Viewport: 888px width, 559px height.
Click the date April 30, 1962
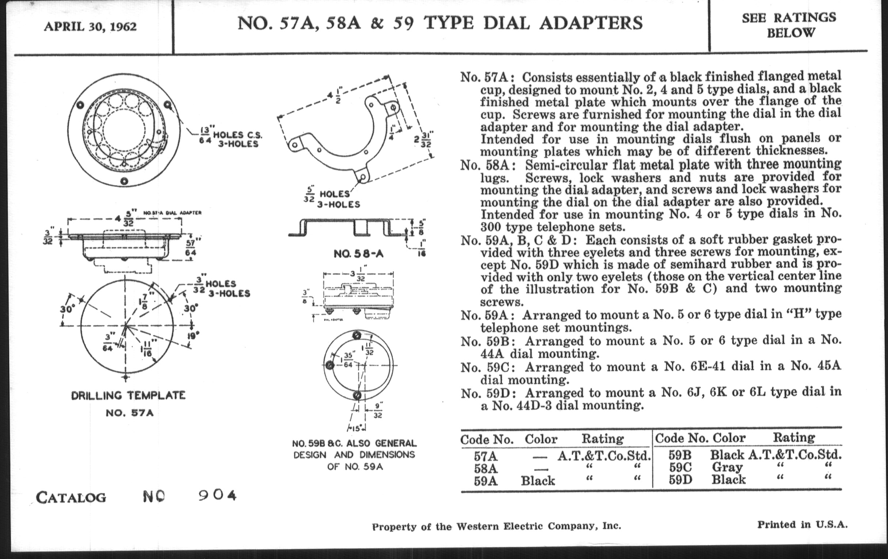pos(90,27)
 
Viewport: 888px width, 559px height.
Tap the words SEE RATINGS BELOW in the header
pos(789,25)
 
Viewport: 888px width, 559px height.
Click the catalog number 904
pos(217,495)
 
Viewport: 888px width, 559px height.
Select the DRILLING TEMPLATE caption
pos(128,396)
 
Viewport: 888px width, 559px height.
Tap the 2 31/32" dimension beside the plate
pos(422,139)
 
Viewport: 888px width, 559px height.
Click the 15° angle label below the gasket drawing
pos(356,428)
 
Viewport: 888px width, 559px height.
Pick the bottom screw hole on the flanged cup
pos(124,181)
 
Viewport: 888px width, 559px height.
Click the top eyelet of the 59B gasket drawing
pos(357,335)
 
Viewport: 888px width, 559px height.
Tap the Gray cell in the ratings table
pos(727,467)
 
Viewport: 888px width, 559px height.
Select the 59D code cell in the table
pos(680,480)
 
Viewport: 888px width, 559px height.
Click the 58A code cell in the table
pos(486,469)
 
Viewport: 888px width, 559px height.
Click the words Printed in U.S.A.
pos(802,524)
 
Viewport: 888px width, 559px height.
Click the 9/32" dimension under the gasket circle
pos(378,410)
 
